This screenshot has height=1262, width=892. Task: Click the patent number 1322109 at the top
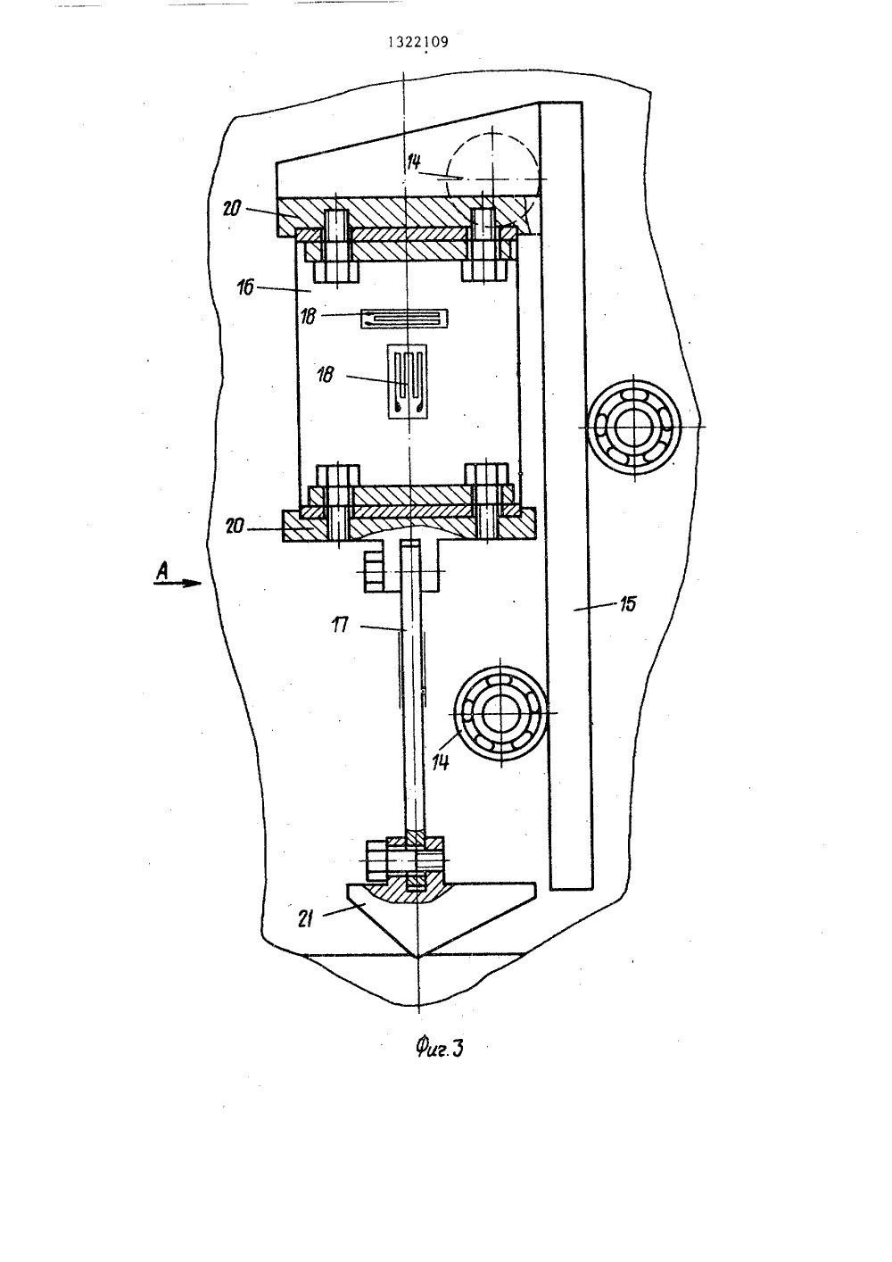(x=418, y=43)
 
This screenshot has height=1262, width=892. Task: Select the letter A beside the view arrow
(x=162, y=572)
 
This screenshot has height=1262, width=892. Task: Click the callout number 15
(x=627, y=604)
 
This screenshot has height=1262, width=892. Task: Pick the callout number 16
(x=246, y=288)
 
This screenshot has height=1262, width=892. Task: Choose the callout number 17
(x=340, y=625)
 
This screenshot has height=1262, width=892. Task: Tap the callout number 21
(x=305, y=919)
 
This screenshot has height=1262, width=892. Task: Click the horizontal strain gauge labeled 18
(x=404, y=319)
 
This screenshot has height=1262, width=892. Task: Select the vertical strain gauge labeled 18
(x=407, y=381)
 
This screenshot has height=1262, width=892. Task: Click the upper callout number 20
(x=231, y=209)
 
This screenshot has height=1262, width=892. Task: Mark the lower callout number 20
(x=235, y=527)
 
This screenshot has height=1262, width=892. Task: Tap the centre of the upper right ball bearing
(x=634, y=427)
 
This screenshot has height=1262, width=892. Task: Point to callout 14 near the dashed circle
(x=414, y=162)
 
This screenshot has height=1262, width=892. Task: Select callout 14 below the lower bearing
(x=441, y=762)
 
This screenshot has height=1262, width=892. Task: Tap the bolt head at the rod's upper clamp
(x=375, y=571)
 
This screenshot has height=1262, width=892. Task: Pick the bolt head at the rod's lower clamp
(x=377, y=860)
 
